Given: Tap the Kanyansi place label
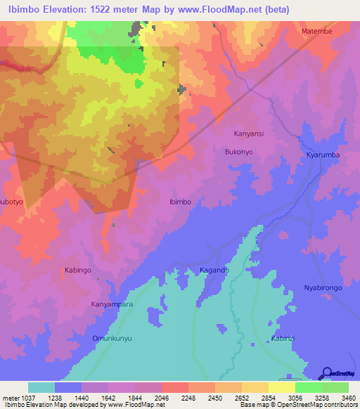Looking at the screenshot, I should pyautogui.click(x=248, y=133).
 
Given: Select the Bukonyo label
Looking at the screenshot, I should pyautogui.click(x=238, y=151).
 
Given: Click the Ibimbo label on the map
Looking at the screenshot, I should pyautogui.click(x=180, y=202).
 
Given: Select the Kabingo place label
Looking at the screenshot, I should pyautogui.click(x=79, y=270).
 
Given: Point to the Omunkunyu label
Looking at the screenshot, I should pyautogui.click(x=112, y=338).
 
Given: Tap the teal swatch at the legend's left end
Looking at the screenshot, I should pyautogui.click(x=41, y=387).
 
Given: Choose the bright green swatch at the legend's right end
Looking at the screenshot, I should pyautogui.click(x=335, y=387).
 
